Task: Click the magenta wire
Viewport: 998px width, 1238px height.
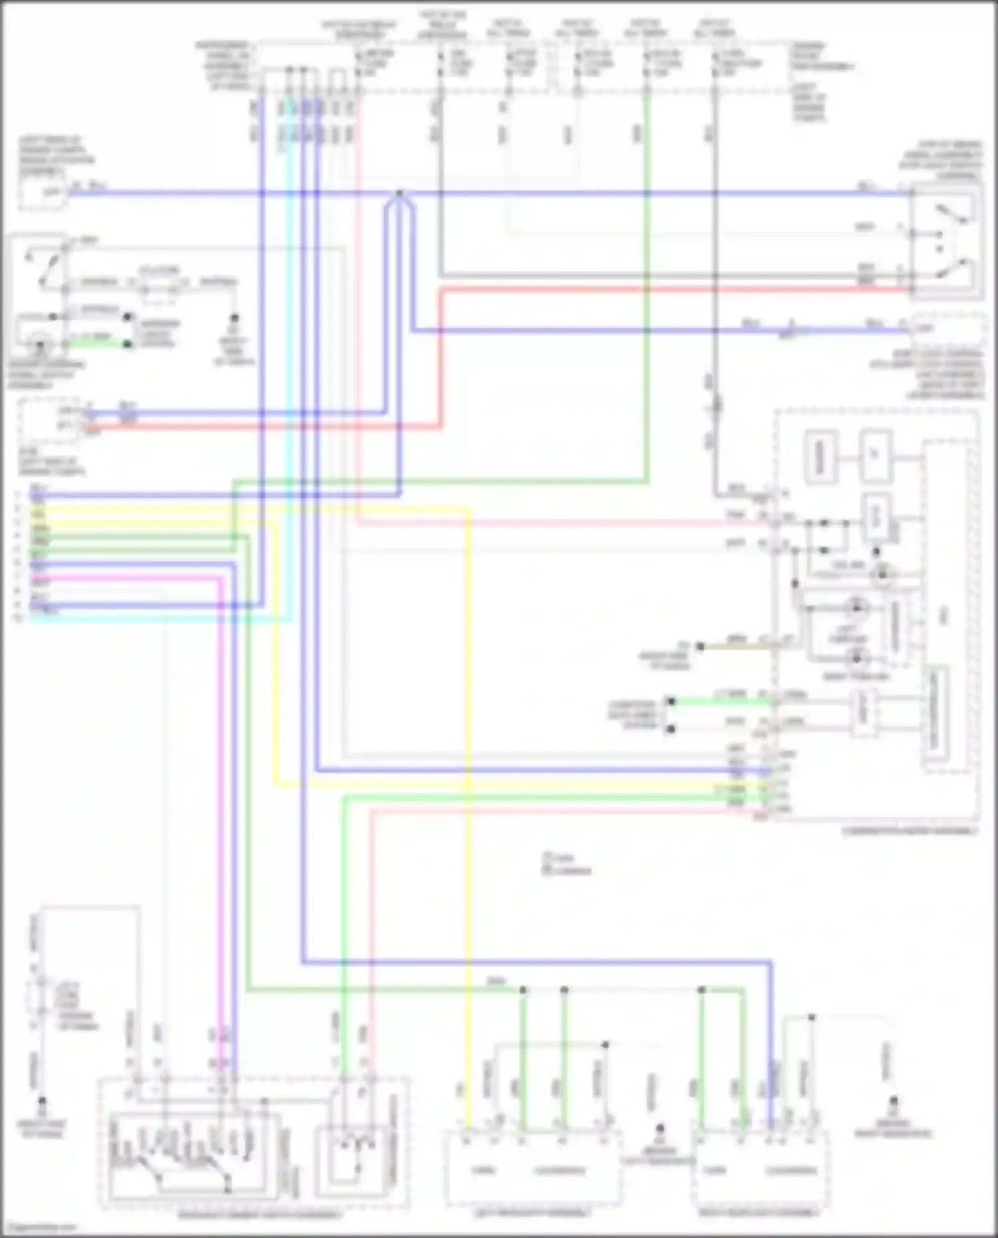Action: [220, 798]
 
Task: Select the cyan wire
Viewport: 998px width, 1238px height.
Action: [289, 399]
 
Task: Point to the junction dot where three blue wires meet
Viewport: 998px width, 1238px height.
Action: [399, 194]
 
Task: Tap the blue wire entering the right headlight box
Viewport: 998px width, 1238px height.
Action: [771, 1064]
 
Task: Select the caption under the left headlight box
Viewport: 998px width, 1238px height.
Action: [532, 1213]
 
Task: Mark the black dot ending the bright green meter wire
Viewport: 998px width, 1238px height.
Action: [671, 701]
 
